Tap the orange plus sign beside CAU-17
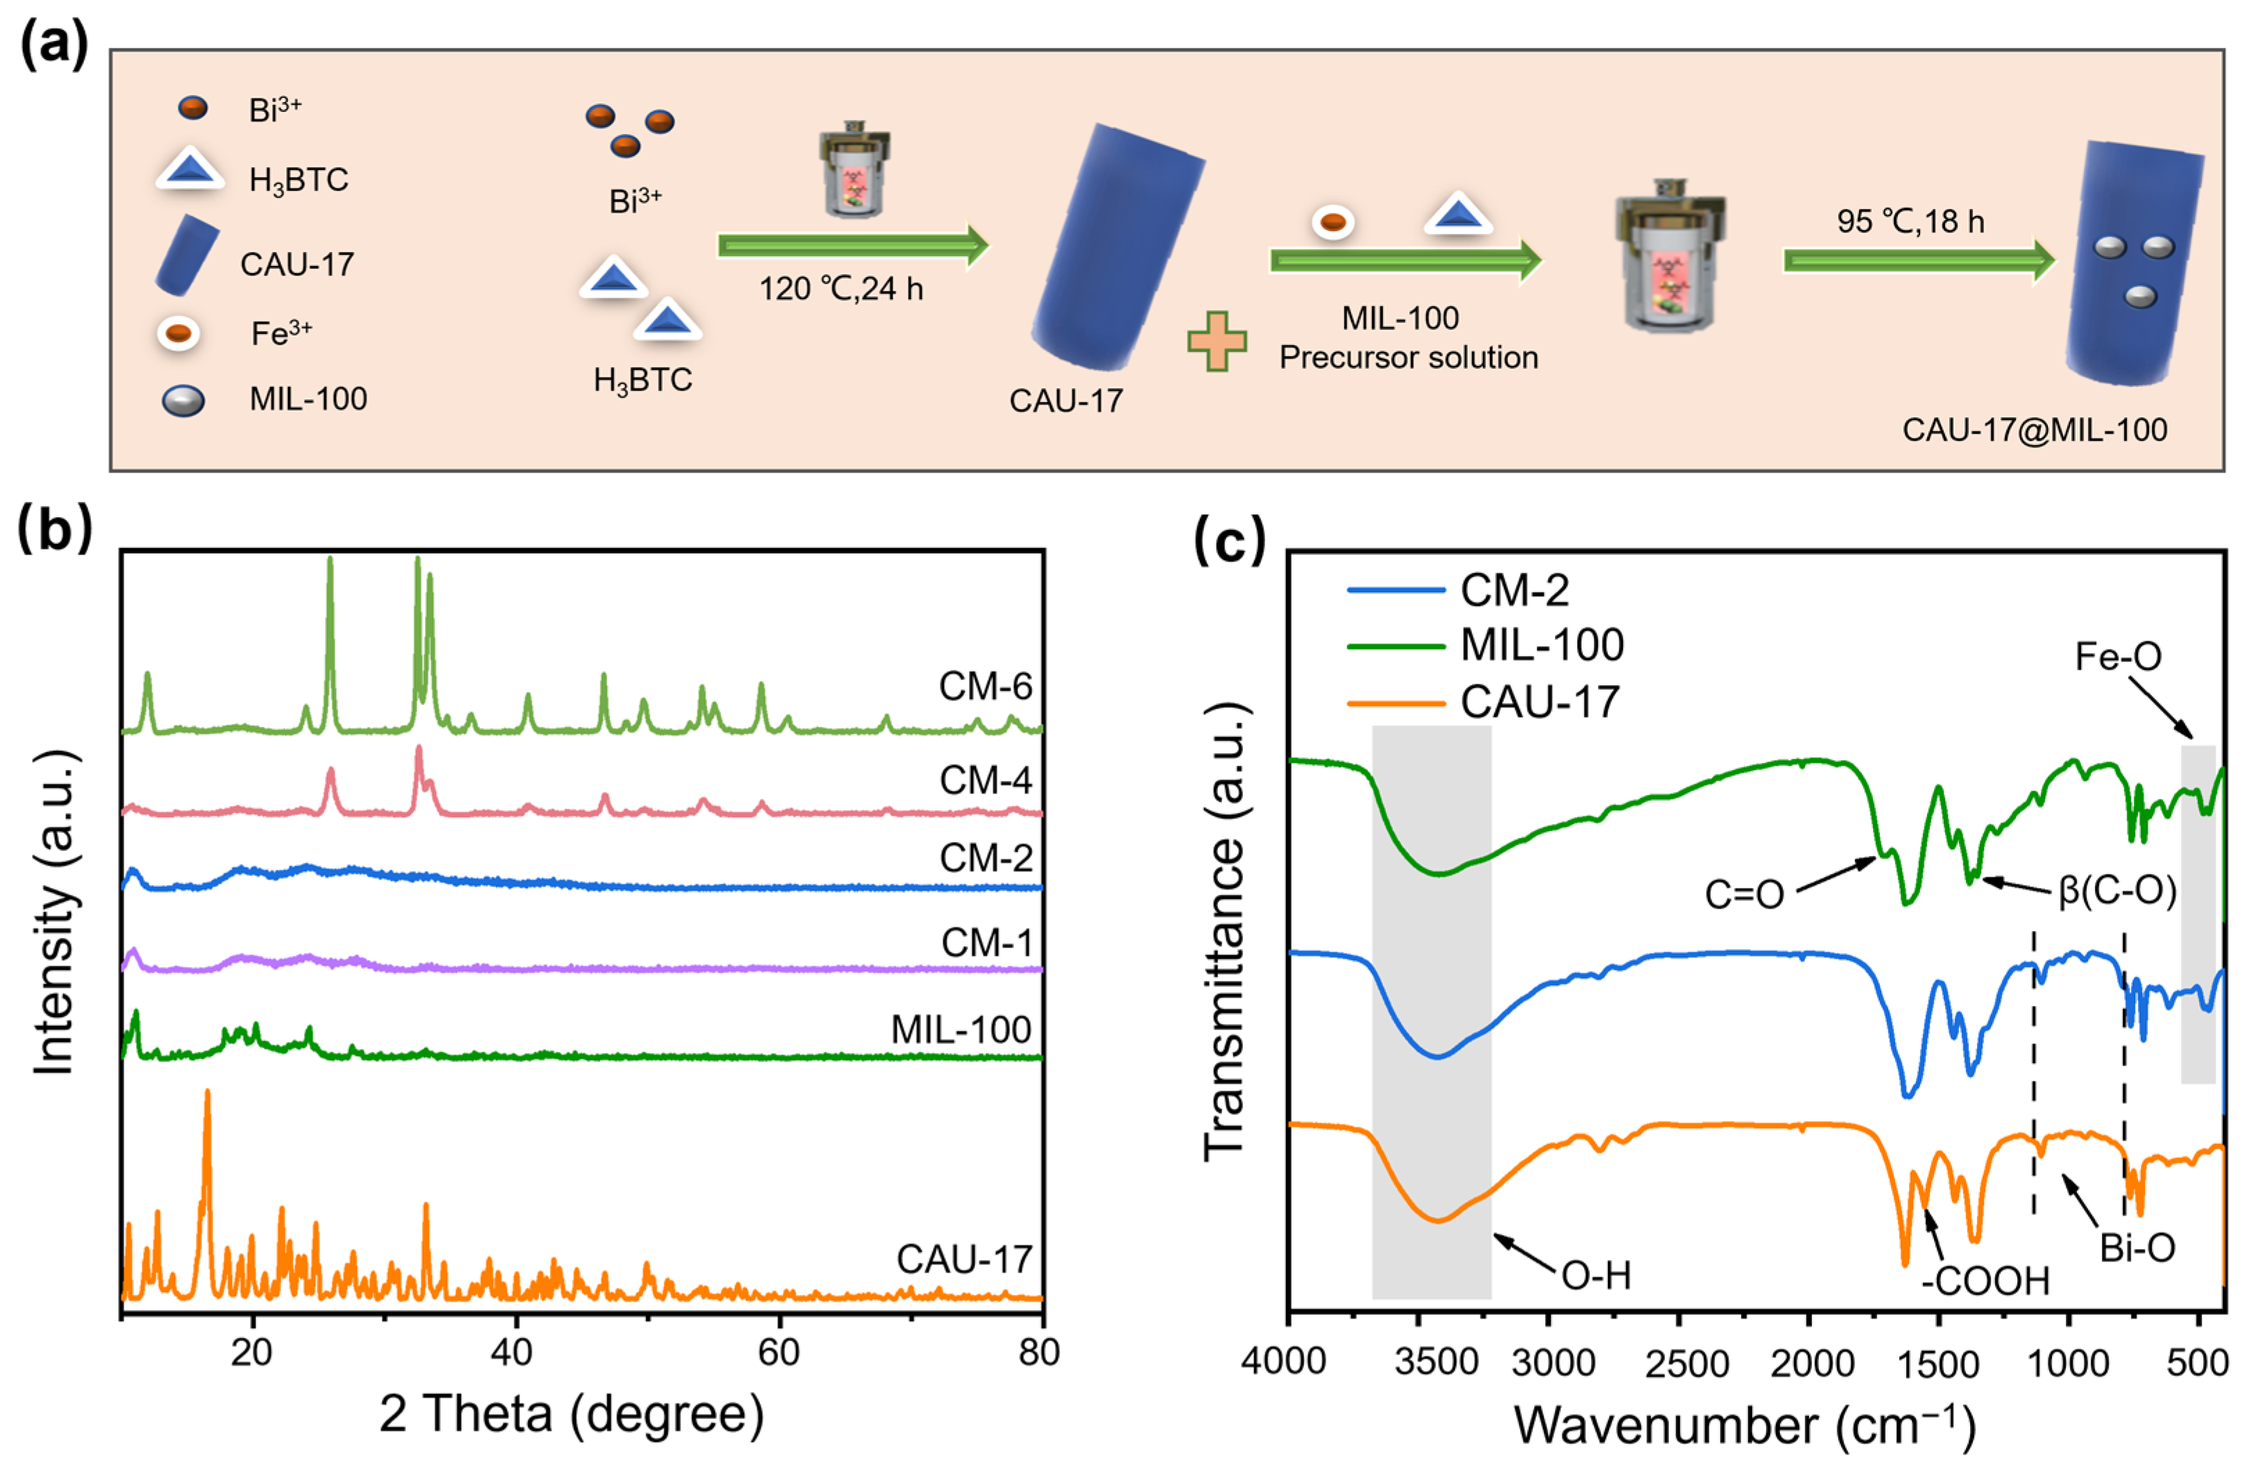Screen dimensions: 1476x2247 coord(1216,341)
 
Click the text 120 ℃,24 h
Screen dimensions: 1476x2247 coord(840,288)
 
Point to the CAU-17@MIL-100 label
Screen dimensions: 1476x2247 coord(2034,430)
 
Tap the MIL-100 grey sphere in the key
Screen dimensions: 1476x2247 coord(183,401)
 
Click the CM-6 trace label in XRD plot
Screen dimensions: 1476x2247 coord(985,686)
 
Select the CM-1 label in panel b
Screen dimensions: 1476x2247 coord(987,942)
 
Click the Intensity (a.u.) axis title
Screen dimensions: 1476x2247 coord(54,912)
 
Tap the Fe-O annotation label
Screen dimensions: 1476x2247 coord(2118,656)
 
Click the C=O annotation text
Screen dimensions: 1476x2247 coord(1744,894)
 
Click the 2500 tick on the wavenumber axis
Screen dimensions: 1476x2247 coord(1686,1364)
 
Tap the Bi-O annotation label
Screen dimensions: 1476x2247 coord(2137,1248)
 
